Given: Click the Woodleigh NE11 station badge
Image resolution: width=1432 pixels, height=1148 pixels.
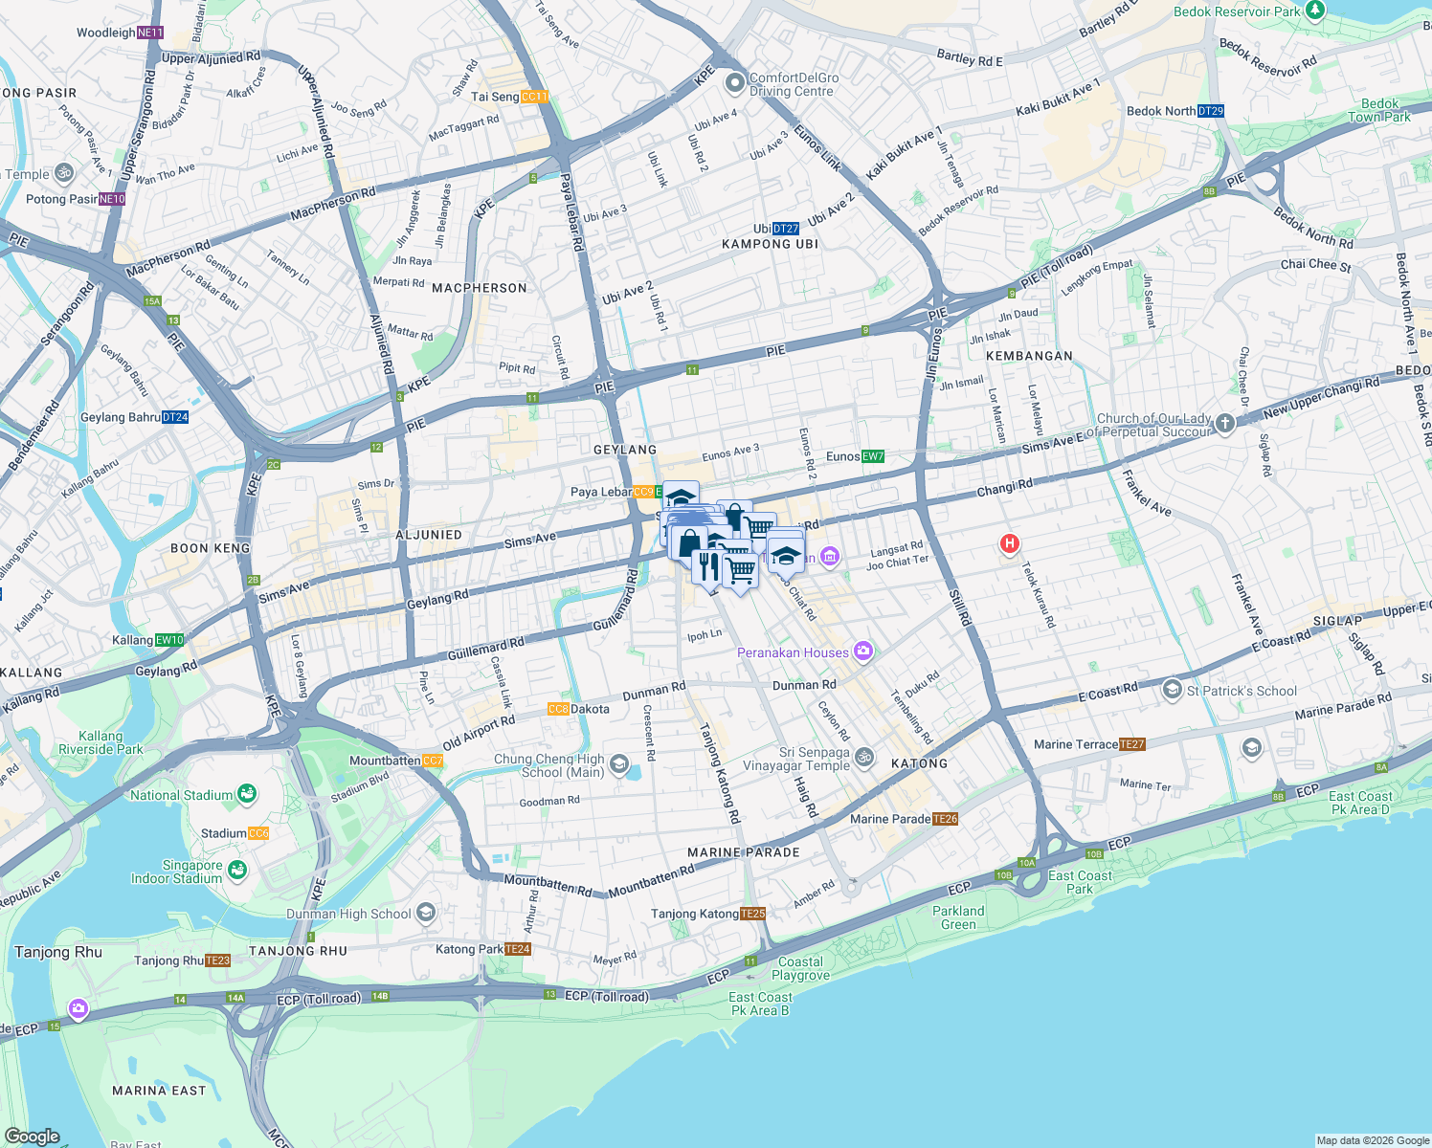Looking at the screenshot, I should coord(150,33).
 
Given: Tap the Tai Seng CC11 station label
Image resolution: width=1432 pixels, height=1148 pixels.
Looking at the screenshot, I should coord(509,97).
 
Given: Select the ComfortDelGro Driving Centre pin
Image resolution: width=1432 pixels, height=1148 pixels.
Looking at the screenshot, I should coord(734,83).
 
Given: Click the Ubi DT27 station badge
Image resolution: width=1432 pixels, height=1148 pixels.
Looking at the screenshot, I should coord(785,229).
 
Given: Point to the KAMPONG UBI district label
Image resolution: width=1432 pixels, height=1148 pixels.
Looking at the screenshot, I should coord(770,244).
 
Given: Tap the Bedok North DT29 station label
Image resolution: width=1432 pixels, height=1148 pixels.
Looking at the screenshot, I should coord(1175,111).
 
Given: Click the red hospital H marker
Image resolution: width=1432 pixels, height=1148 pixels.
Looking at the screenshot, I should coord(1008,544).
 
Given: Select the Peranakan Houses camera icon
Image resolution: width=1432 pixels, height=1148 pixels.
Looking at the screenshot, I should coord(863,652).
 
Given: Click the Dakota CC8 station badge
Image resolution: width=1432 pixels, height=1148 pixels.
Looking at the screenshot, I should coord(558,709).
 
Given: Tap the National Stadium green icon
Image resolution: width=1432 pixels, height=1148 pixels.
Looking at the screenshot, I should coord(247,794).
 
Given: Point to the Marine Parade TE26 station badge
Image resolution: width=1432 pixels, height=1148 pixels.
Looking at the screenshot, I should coord(945,819).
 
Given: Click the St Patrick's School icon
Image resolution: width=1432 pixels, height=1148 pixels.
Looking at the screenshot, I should coord(1172,690).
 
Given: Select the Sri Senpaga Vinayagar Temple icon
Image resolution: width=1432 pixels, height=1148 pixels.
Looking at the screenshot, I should coord(863,758).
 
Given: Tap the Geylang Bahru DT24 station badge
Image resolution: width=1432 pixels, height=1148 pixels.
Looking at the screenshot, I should coord(175,417).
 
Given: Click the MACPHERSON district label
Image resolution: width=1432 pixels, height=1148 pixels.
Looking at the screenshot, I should coord(479,288).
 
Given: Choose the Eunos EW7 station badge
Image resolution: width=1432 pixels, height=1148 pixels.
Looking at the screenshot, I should coord(872,456).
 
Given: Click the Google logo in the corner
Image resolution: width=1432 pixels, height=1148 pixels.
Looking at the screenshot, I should coord(33,1136).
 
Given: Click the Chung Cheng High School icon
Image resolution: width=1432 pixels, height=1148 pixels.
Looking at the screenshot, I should coord(618,763).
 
